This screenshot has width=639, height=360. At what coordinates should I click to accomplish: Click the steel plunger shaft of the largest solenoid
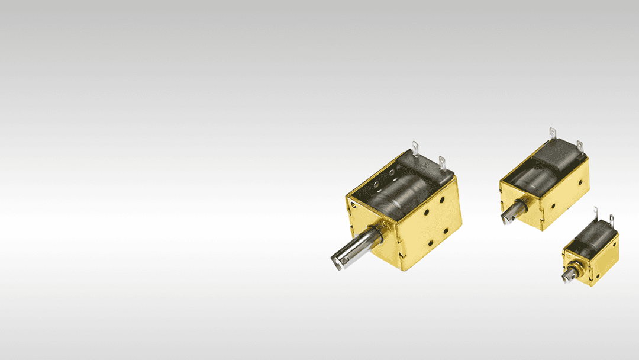(359, 246)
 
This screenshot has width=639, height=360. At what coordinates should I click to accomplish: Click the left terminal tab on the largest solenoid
(415, 149)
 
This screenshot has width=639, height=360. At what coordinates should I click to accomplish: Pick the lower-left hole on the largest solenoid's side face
(431, 243)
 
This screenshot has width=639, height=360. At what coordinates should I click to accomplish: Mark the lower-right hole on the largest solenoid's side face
(446, 230)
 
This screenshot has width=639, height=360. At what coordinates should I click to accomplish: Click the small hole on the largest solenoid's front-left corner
(353, 205)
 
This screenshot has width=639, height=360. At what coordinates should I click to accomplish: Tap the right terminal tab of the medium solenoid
(580, 147)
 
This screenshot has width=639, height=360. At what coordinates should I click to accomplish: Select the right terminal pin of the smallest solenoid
(612, 221)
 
